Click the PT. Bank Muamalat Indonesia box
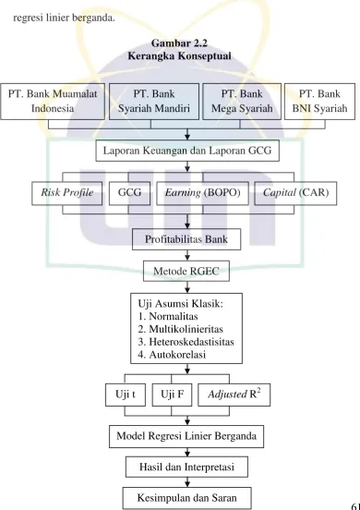53,102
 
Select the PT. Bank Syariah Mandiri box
154,102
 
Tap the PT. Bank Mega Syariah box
242,102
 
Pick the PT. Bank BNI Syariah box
319,102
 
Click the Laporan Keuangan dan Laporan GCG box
187,151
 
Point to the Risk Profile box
67,193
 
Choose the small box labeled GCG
129,193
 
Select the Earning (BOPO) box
202,193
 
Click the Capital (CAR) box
295,193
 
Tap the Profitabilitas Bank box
186,239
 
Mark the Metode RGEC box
186,271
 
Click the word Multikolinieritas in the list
186,329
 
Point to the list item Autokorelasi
177,355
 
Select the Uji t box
126,395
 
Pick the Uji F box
172,395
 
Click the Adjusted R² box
234,395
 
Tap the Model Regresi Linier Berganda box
186,436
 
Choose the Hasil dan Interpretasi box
186,467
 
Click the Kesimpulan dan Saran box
186,498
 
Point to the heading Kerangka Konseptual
179,56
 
